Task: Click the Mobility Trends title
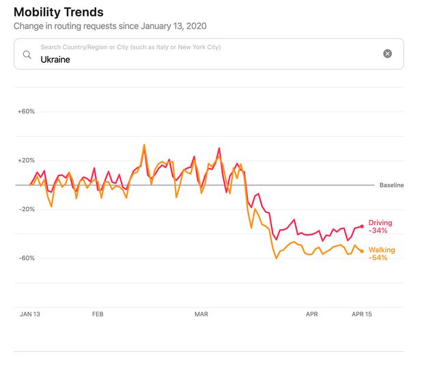point(59,12)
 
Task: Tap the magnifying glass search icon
point(27,54)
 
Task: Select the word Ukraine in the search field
point(55,59)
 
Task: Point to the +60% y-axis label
point(26,111)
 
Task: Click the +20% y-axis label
point(26,161)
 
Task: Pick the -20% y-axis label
point(26,209)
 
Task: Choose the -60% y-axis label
point(26,258)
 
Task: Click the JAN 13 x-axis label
point(31,314)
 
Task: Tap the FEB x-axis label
point(97,314)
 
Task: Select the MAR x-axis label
point(201,314)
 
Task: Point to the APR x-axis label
point(311,314)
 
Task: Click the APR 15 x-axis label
point(363,314)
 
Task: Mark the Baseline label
point(391,185)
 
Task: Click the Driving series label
point(380,223)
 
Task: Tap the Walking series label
point(381,250)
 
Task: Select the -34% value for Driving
point(378,231)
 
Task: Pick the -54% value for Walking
point(378,258)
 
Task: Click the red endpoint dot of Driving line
point(362,226)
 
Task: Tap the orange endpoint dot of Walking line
point(362,252)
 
